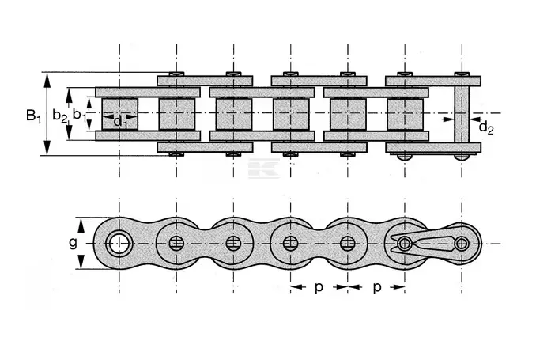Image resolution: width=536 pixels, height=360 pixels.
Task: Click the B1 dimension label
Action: coord(33,116)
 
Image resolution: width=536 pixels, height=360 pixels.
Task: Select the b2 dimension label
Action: coord(60,116)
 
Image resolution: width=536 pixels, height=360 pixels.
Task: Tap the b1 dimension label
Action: coord(79,115)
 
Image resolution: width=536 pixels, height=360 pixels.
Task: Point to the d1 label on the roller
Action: coord(119,121)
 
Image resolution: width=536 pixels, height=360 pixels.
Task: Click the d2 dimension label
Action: coord(486,127)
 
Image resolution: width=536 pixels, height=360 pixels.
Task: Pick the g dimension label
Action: coord(73,244)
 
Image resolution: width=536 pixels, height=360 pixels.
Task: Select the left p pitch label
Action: coord(319,288)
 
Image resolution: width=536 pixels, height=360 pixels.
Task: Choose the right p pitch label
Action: coord(377,288)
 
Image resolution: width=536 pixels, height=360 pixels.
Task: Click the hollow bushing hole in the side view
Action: coord(119,244)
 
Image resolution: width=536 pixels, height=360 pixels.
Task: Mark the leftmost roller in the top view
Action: coord(119,114)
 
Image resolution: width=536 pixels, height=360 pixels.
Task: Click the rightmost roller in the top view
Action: coord(405,114)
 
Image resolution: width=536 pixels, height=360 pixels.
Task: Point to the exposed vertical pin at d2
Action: coord(462,114)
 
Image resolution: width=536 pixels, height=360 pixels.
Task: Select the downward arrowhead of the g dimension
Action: coord(81,261)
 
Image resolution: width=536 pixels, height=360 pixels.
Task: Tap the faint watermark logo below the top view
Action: coord(264,169)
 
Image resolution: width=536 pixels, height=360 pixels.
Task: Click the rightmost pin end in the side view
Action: coord(462,244)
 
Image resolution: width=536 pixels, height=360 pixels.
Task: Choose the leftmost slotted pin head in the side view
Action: coord(176,244)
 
